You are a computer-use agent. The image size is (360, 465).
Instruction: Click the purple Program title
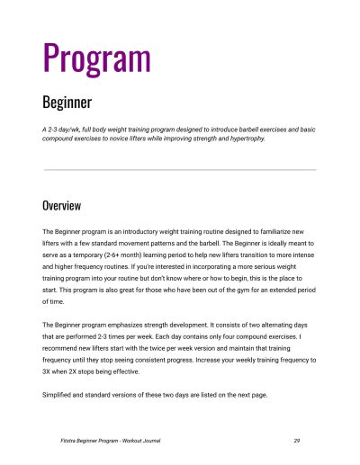coord(96,57)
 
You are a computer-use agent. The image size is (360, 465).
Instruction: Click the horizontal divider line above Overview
coord(180,169)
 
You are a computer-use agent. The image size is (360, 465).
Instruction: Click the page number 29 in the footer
coord(296,441)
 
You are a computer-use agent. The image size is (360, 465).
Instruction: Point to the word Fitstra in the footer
coord(61,441)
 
